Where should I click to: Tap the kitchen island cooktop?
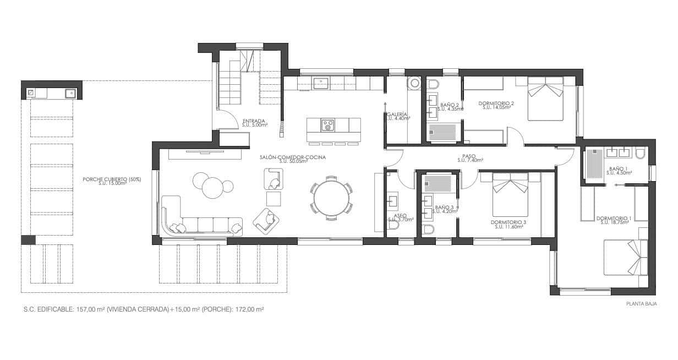328,125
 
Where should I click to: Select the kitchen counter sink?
320,83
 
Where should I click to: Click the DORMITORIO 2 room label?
496,103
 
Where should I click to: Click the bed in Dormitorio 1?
625,257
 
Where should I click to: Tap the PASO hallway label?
469,156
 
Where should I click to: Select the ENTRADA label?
254,121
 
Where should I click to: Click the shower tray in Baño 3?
439,183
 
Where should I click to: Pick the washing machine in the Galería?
413,83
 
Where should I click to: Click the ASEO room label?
400,216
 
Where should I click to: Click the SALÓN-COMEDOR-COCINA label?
293,157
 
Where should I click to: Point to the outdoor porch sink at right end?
70,93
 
